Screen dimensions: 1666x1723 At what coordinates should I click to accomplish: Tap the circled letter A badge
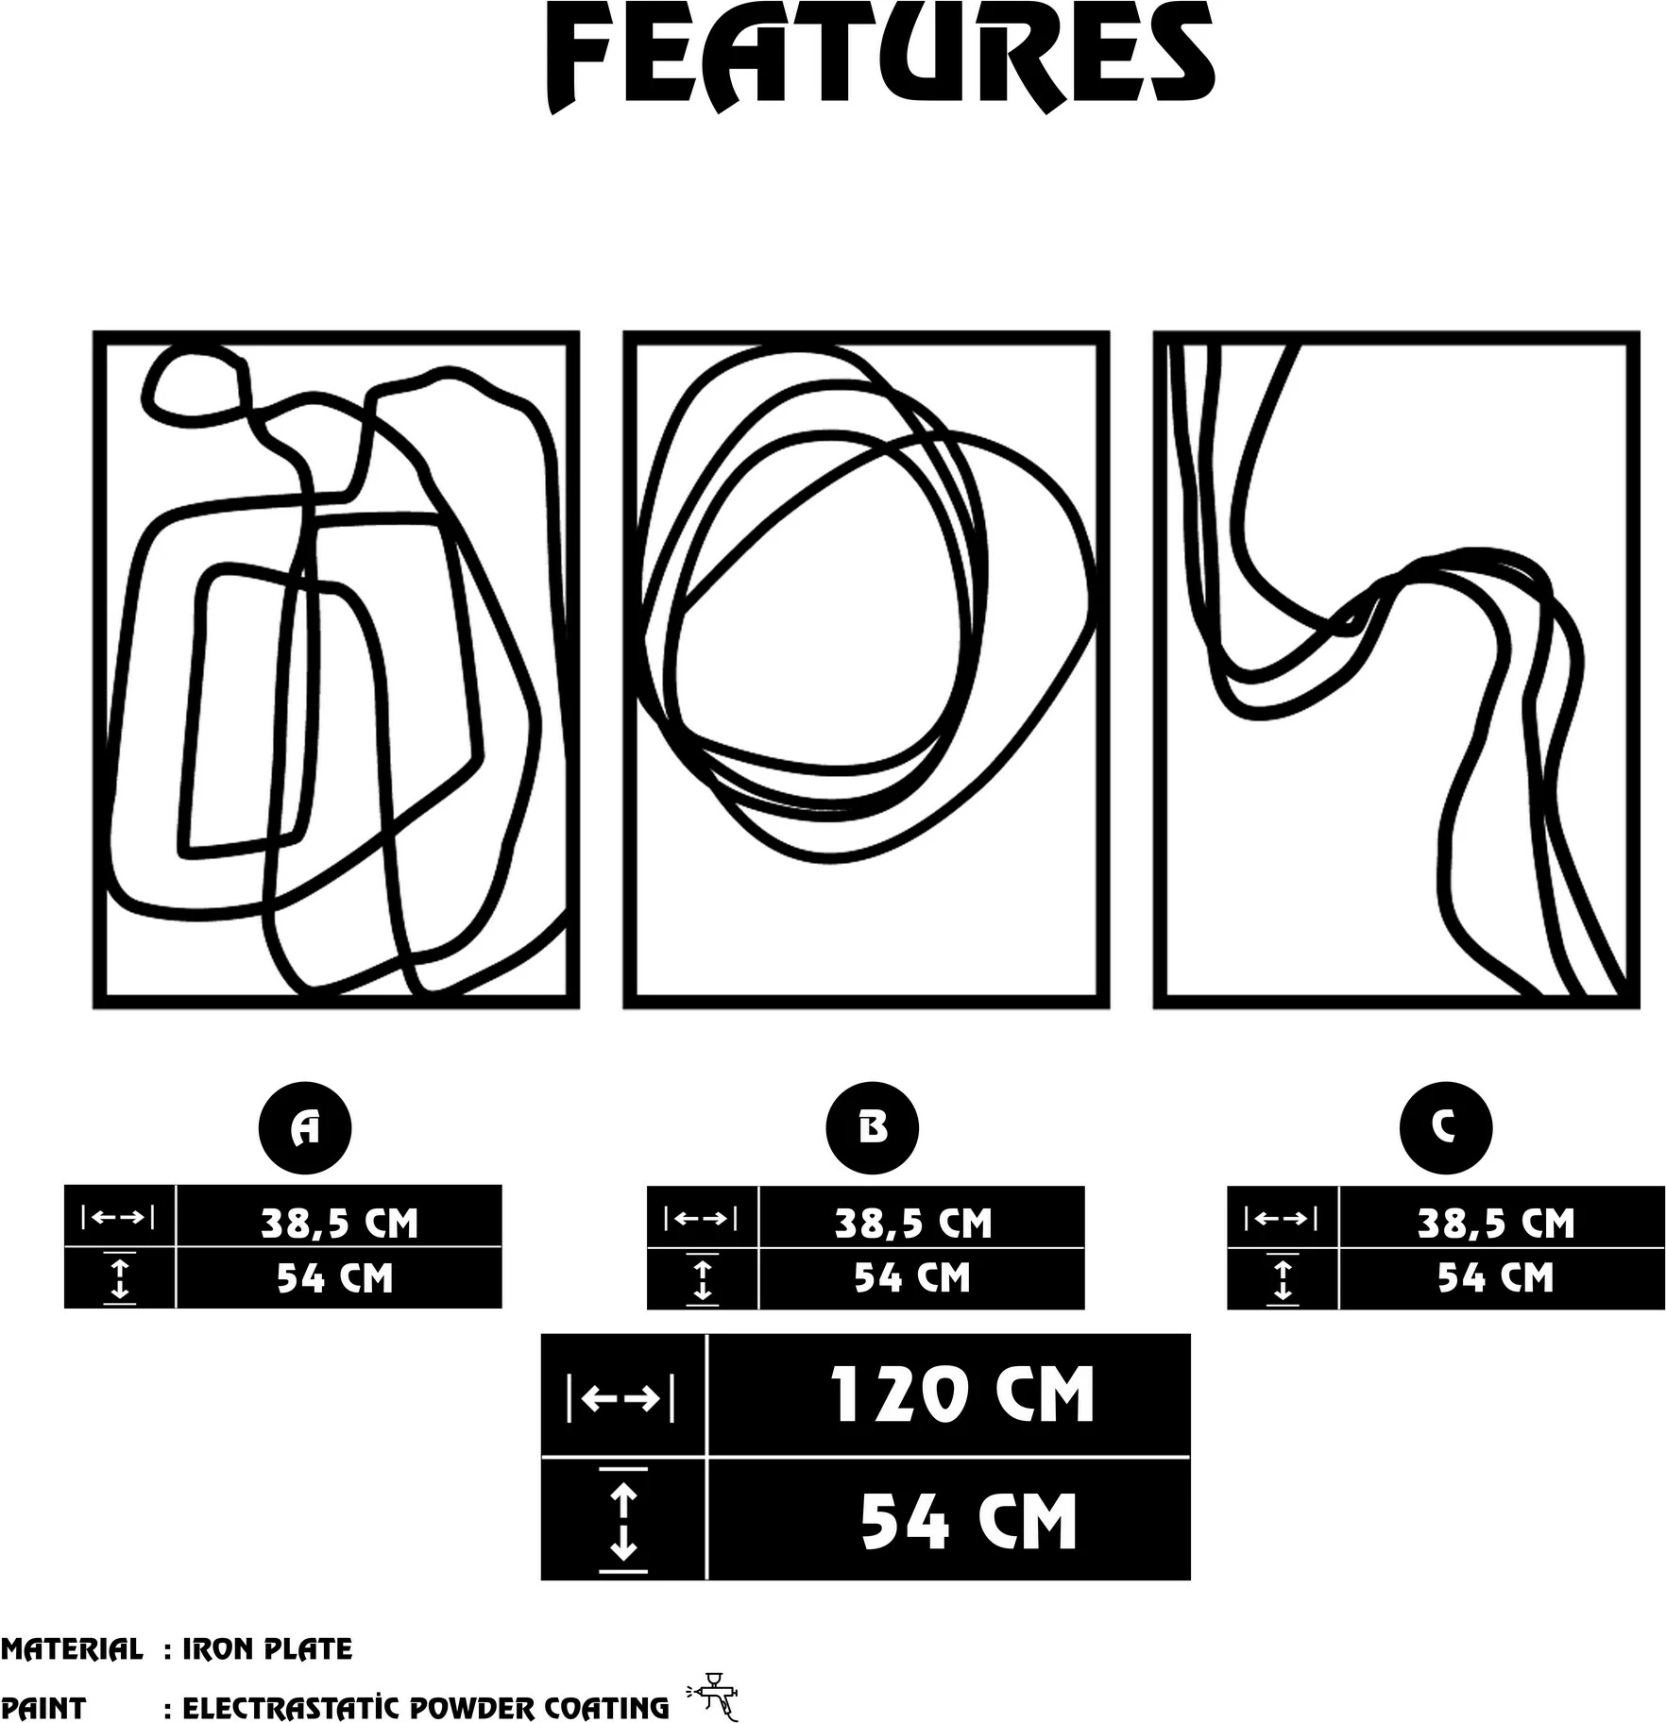tap(305, 1127)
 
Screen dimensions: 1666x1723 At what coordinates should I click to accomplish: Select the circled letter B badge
tap(872, 1127)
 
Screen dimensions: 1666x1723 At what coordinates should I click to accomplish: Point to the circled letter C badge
tap(1445, 1127)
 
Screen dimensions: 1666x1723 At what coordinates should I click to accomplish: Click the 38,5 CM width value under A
tap(339, 1223)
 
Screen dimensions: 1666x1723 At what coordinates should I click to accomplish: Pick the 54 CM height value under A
tap(334, 1278)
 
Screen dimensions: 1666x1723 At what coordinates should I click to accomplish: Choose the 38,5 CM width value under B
tap(913, 1223)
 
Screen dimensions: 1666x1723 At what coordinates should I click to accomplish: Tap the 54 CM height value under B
tap(912, 1277)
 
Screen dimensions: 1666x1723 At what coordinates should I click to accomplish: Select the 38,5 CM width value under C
tap(1496, 1223)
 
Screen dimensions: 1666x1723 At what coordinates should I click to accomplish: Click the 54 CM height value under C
tap(1495, 1277)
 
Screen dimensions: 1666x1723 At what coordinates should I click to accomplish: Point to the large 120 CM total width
tap(961, 1394)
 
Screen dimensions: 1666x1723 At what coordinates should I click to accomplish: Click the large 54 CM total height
tap(968, 1521)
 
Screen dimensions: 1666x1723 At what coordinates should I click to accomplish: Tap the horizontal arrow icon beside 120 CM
tap(620, 1398)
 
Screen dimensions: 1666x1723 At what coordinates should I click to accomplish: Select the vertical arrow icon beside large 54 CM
tap(623, 1521)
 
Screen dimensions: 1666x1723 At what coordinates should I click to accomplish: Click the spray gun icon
tap(713, 1696)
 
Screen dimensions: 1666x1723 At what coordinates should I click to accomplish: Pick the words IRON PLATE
tap(267, 1649)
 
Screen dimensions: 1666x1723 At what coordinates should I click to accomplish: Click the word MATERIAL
tap(72, 1649)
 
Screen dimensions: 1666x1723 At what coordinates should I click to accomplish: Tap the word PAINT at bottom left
tap(43, 1708)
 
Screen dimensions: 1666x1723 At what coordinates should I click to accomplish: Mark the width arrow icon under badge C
tap(1282, 1219)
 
